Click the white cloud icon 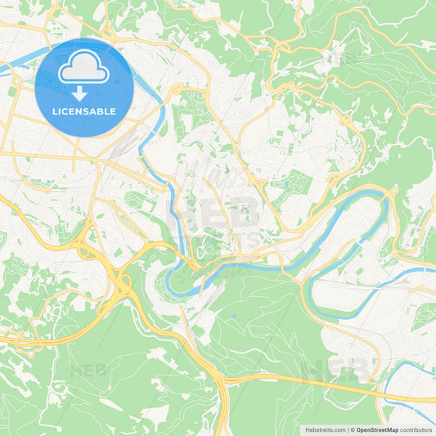(x=83, y=69)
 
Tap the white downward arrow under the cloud (x=80, y=94)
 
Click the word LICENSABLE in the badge (x=83, y=110)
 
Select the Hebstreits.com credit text (x=326, y=429)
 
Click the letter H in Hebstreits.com (x=307, y=429)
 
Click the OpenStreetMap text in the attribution (x=377, y=429)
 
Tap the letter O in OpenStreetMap (x=358, y=429)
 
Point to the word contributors (x=416, y=429)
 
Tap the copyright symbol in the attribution (x=353, y=429)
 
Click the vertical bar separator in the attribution (x=348, y=429)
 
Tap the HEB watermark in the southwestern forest (x=88, y=369)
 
